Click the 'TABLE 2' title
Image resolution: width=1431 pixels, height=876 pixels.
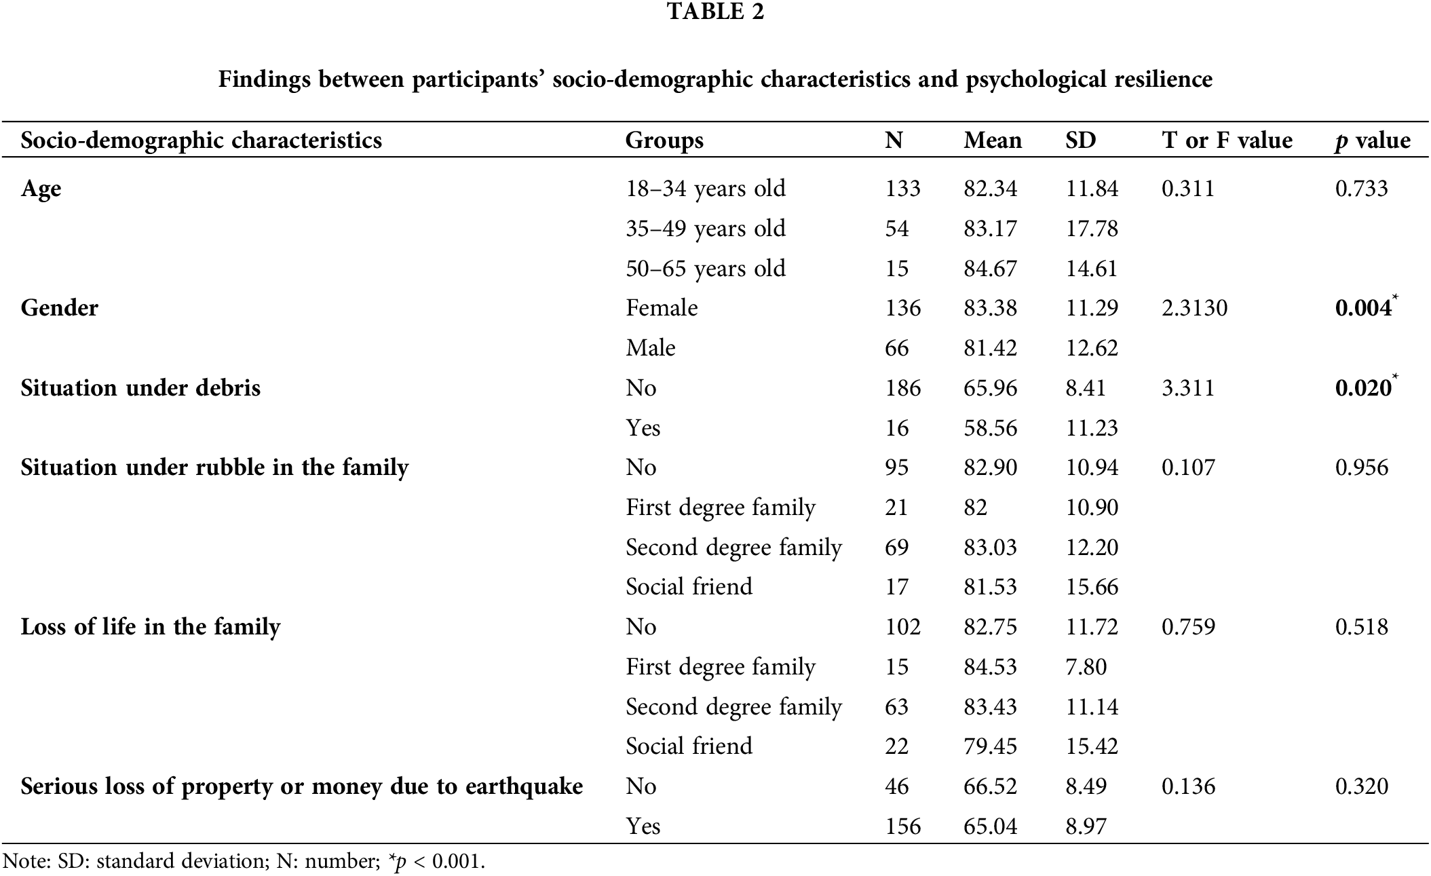(x=715, y=12)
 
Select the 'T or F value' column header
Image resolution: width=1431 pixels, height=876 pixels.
(x=1227, y=140)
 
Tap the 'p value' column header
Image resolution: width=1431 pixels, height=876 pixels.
(x=1372, y=140)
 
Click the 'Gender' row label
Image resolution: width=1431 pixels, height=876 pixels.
(x=60, y=308)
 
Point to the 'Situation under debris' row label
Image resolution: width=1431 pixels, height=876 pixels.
(x=140, y=388)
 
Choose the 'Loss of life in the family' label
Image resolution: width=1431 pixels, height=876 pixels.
(x=150, y=627)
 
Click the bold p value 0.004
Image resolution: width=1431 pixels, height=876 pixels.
(x=1363, y=309)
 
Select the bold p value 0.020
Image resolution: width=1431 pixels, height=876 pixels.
(x=1363, y=388)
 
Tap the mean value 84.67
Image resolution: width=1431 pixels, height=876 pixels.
(x=990, y=269)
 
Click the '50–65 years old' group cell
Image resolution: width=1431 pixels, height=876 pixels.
(x=706, y=269)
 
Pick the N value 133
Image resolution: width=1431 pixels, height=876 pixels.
(x=902, y=189)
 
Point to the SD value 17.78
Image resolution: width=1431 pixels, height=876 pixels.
(x=1092, y=229)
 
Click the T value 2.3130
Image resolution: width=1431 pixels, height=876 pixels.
(x=1194, y=309)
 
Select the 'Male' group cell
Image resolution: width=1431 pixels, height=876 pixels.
(x=651, y=348)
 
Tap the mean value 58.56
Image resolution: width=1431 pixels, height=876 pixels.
(x=990, y=428)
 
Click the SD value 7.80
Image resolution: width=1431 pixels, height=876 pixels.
(x=1086, y=667)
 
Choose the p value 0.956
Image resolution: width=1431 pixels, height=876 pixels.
(x=1361, y=468)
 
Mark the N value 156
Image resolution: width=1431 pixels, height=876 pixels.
(x=902, y=826)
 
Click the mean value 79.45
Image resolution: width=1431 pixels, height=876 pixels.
(x=990, y=746)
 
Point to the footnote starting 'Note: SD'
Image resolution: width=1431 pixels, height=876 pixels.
(x=244, y=862)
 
